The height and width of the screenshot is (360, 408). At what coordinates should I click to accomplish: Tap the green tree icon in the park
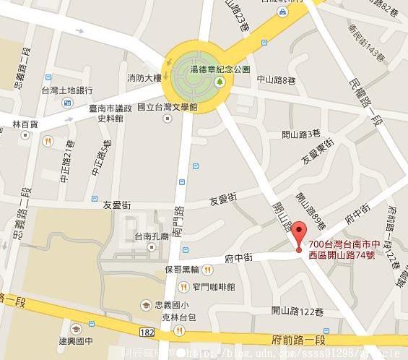pyautogui.click(x=220, y=82)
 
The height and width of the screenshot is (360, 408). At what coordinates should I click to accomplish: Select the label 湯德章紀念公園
pyautogui.click(x=220, y=69)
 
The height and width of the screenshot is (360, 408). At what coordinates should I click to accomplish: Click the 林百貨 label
pyautogui.click(x=25, y=124)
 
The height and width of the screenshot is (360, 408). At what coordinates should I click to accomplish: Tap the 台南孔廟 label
pyautogui.click(x=151, y=236)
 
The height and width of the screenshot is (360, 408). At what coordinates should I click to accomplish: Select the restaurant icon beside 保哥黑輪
pyautogui.click(x=208, y=270)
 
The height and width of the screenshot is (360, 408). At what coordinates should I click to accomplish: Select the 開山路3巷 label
pyautogui.click(x=300, y=134)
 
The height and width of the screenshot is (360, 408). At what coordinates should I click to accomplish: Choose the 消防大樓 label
pyautogui.click(x=144, y=77)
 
